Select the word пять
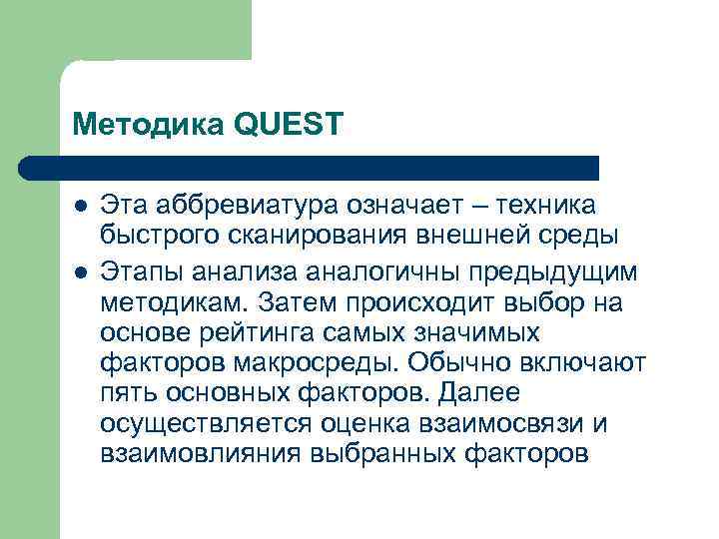coord(129,392)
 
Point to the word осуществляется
coord(207,423)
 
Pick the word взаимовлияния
coord(200,454)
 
